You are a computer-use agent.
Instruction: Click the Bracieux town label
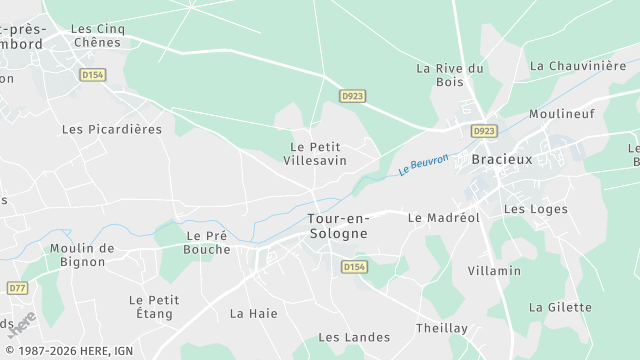(503, 159)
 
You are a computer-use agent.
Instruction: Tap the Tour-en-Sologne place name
(337, 226)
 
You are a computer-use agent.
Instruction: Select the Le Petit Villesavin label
(314, 153)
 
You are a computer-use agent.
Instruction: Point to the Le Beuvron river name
(423, 163)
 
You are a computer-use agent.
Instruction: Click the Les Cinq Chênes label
(98, 36)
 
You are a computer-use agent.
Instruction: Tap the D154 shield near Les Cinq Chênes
(93, 75)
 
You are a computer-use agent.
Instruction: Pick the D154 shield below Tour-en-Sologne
(353, 267)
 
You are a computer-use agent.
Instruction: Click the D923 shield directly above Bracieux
(484, 131)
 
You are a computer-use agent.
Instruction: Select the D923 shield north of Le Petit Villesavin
(352, 96)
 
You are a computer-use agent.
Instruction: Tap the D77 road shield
(16, 288)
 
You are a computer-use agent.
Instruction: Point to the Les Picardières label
(112, 129)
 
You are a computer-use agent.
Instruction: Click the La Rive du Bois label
(450, 75)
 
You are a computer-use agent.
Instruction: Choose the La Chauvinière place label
(578, 66)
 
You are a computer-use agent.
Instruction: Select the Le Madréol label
(444, 217)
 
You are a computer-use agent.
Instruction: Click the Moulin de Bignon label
(82, 255)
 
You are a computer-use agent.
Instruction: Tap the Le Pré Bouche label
(208, 243)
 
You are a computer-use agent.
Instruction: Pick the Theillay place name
(442, 328)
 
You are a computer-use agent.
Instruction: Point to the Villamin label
(494, 271)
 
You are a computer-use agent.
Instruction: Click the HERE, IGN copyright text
(67, 351)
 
